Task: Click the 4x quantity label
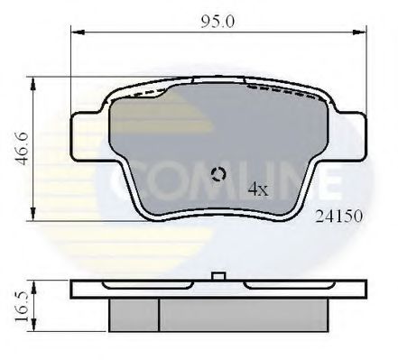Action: [258, 189]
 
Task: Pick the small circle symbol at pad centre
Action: [218, 175]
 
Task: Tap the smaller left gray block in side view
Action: [134, 314]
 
